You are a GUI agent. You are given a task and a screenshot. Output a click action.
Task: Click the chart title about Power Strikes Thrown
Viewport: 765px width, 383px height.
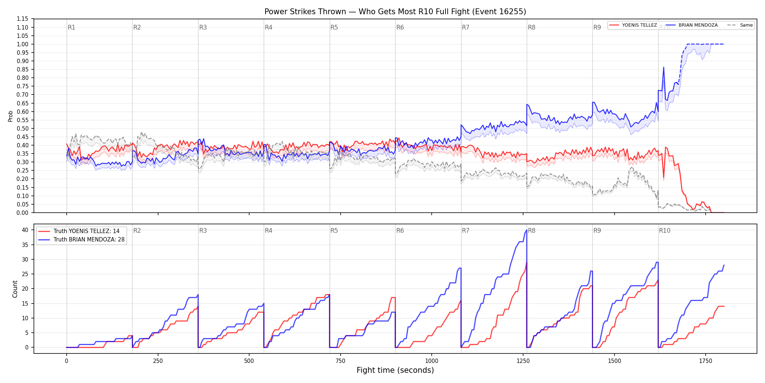click(395, 12)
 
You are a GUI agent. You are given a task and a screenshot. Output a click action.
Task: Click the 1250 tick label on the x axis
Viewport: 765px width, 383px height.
click(523, 361)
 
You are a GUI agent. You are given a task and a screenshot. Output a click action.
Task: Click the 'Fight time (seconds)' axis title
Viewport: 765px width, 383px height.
click(395, 370)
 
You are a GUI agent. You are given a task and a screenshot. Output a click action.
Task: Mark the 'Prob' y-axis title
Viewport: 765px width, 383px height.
click(11, 116)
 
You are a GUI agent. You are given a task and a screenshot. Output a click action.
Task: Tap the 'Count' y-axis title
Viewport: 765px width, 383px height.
click(15, 289)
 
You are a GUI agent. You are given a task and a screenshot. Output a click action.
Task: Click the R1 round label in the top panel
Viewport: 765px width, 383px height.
click(71, 27)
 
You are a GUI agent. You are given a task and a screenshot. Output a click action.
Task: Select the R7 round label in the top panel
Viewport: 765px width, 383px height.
click(466, 27)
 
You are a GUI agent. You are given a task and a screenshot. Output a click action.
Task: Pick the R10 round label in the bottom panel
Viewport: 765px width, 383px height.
click(664, 231)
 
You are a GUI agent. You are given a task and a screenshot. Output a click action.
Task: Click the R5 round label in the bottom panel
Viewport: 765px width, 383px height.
click(334, 231)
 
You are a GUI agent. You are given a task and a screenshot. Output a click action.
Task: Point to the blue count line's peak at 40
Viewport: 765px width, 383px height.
click(526, 230)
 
